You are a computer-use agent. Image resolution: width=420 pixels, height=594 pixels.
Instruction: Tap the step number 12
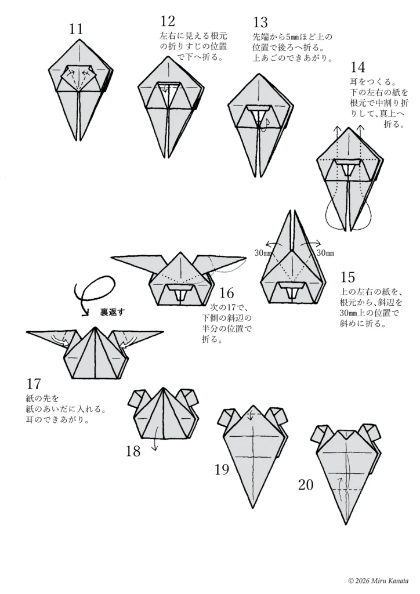(168, 22)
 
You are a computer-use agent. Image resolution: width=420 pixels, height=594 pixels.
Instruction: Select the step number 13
(260, 22)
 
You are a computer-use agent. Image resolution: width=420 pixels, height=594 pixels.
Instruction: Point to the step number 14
(359, 67)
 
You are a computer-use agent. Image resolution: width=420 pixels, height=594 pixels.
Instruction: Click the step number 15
(348, 276)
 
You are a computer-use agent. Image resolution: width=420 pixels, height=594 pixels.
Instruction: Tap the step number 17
(34, 384)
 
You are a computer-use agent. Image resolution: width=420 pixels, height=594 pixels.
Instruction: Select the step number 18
(133, 451)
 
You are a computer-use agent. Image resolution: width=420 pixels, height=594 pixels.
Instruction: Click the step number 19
(222, 469)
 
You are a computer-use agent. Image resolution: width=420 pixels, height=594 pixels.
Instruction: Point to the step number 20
(306, 484)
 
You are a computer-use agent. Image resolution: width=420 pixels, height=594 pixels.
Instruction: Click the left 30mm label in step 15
(263, 253)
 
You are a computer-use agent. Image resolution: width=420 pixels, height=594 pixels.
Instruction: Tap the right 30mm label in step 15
(325, 253)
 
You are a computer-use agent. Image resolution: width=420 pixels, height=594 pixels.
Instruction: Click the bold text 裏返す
(113, 312)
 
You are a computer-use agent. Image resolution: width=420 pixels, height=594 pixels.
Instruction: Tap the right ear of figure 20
(368, 433)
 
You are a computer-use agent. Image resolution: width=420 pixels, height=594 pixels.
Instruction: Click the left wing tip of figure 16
(114, 258)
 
